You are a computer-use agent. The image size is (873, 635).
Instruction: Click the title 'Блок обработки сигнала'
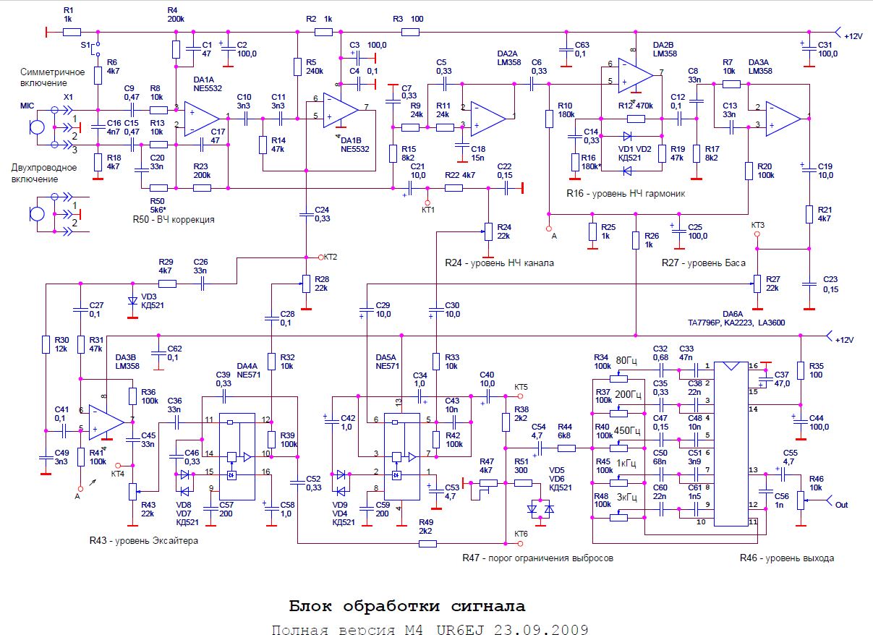[x=407, y=605]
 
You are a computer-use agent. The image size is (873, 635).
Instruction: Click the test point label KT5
[x=521, y=387]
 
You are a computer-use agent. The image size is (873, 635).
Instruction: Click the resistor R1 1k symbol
[x=72, y=32]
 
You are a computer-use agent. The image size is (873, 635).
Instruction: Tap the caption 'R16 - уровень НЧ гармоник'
[x=626, y=194]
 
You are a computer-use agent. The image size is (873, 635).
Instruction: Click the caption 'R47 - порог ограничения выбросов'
[x=537, y=558]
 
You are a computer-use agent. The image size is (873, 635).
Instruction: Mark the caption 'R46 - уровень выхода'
[x=786, y=558]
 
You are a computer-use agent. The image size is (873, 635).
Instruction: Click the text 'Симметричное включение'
[x=53, y=77]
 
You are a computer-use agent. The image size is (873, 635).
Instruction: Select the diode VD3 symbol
[x=132, y=301]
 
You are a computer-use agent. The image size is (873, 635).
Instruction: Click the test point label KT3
[x=757, y=225]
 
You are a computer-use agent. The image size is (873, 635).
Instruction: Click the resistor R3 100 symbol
[x=411, y=32]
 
